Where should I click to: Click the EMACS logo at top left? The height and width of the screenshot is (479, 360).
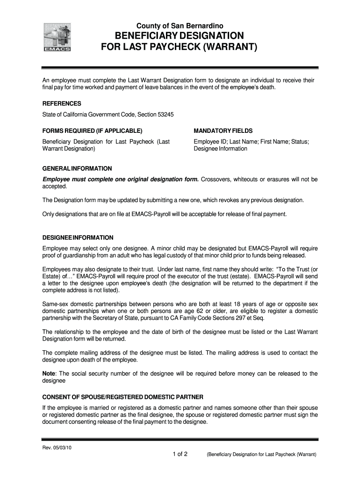coord(57,37)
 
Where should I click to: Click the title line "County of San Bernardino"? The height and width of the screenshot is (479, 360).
coord(180,25)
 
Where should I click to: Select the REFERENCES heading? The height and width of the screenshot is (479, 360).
coord(62,103)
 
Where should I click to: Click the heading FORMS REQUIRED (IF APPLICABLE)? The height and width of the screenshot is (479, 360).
coord(92,131)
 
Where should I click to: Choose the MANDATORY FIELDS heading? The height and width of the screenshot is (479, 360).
coord(223,131)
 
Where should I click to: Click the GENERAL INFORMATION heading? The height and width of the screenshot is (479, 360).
coord(77,168)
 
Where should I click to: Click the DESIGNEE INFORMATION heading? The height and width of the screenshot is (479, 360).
coord(78,237)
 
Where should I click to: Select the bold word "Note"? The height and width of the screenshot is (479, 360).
coord(49,373)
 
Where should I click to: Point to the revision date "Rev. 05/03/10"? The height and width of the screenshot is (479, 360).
coord(57,447)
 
